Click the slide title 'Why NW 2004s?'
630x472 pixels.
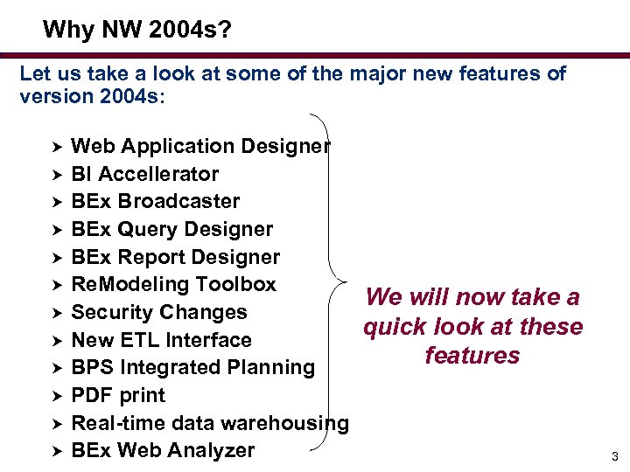tap(137, 31)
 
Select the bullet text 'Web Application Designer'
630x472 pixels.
tap(200, 146)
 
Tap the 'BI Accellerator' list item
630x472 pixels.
tap(144, 174)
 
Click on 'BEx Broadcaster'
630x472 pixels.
tap(155, 201)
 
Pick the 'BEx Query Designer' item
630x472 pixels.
tap(171, 229)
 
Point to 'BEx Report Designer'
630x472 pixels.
tap(175, 257)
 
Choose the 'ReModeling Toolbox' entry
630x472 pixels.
tap(173, 284)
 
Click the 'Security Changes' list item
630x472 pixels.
tap(158, 312)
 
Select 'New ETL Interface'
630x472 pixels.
tap(161, 340)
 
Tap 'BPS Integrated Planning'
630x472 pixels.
tap(192, 367)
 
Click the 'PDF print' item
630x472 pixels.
tap(118, 395)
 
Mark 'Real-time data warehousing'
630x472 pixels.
tap(209, 423)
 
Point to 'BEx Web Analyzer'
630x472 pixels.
tap(163, 451)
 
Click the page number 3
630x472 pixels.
tap(614, 456)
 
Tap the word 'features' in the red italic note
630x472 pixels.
tap(472, 356)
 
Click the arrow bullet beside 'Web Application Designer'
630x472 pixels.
tap(52, 146)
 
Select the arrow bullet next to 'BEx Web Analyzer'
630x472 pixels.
tap(52, 451)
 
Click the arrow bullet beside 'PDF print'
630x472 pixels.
tap(52, 395)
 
